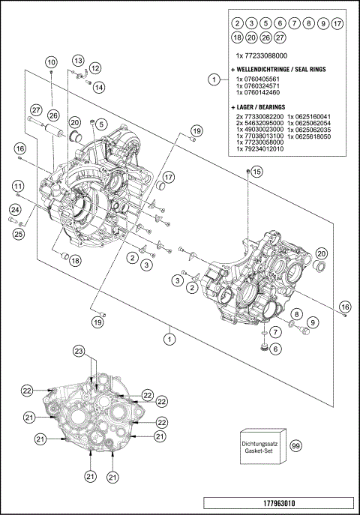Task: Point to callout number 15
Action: pyautogui.click(x=256, y=172)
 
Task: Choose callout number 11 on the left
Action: pyautogui.click(x=17, y=186)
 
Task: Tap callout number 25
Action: pyautogui.click(x=17, y=235)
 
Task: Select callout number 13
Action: pyautogui.click(x=79, y=60)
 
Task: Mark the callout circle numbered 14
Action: pyautogui.click(x=99, y=87)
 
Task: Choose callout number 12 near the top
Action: pyautogui.click(x=95, y=68)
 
